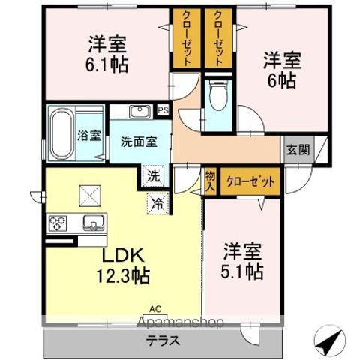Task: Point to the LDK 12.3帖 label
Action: coord(121,264)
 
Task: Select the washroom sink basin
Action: coord(139,112)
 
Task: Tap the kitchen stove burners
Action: coord(58,222)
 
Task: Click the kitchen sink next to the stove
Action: coord(92,222)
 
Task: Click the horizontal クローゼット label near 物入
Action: coord(250,180)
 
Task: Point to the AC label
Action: coord(155,308)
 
